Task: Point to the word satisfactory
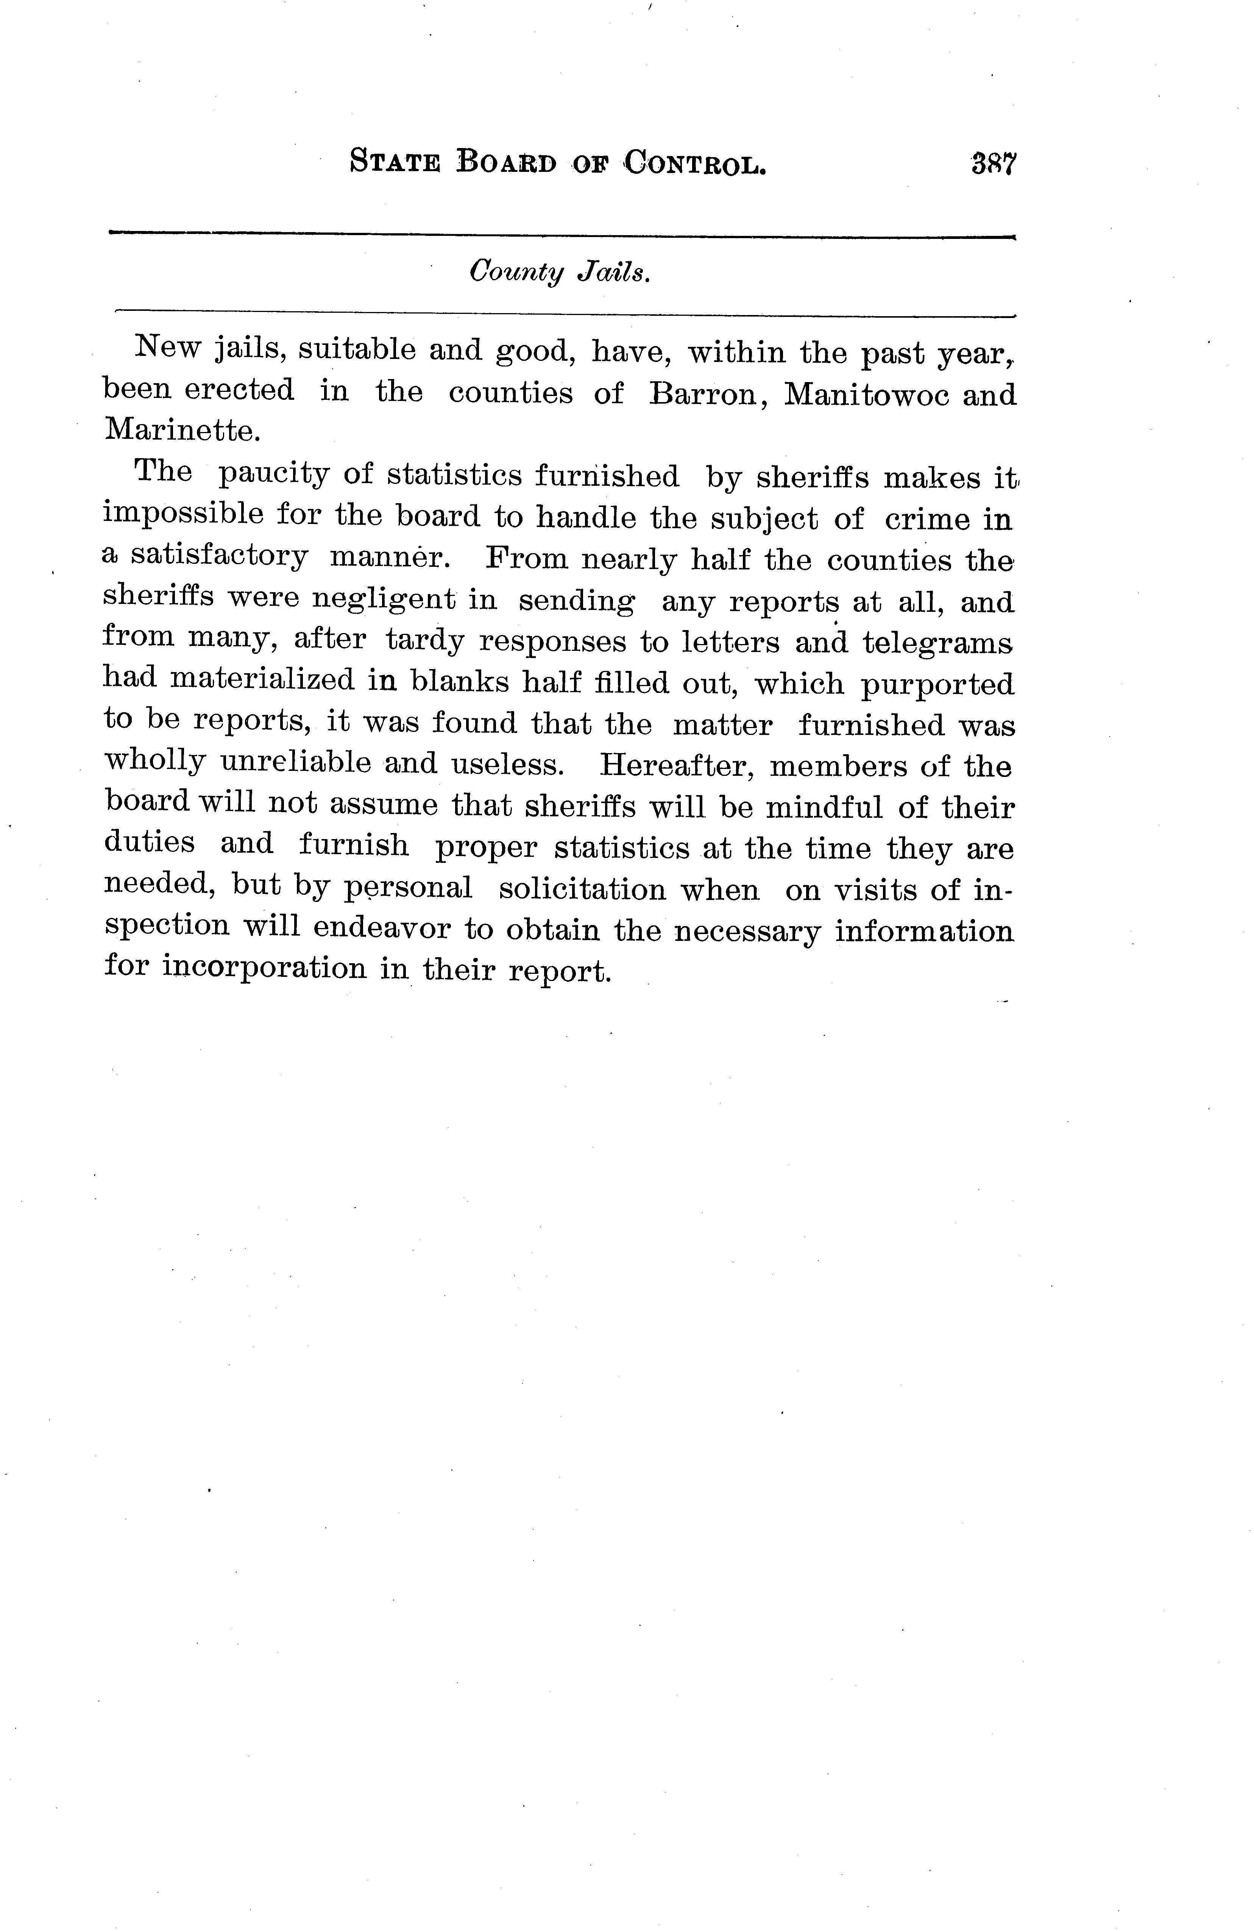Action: pos(219,557)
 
